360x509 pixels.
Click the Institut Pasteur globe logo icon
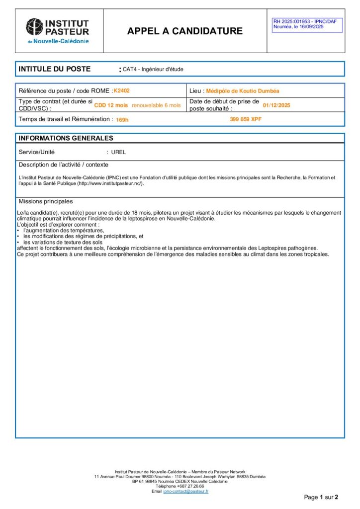pyautogui.click(x=34, y=26)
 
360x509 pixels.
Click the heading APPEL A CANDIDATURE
pyautogui.click(x=185, y=31)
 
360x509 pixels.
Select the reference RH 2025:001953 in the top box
pyautogui.click(x=293, y=21)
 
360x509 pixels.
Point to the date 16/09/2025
pyautogui.click(x=310, y=27)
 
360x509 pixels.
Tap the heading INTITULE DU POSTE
pyautogui.click(x=54, y=69)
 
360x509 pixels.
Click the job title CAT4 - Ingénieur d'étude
pyautogui.click(x=153, y=69)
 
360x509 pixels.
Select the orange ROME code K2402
pyautogui.click(x=122, y=91)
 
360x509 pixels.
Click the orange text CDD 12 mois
pyautogui.click(x=111, y=105)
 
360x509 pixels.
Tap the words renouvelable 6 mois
pyautogui.click(x=156, y=105)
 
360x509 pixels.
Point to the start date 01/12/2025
pyautogui.click(x=276, y=105)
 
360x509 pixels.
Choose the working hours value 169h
pyautogui.click(x=122, y=120)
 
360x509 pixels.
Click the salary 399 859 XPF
pyautogui.click(x=246, y=119)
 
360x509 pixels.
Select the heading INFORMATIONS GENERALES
pyautogui.click(x=66, y=138)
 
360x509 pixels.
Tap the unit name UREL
pyautogui.click(x=118, y=152)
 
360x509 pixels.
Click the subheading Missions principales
pyautogui.click(x=46, y=201)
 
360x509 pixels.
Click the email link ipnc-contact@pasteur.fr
pyautogui.click(x=186, y=491)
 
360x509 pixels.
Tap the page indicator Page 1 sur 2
pyautogui.click(x=321, y=497)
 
